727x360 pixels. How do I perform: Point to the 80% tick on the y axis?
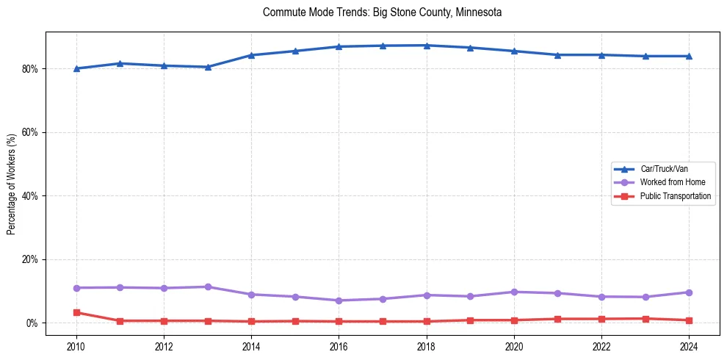coord(33,69)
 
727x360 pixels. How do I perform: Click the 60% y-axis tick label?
coord(33,132)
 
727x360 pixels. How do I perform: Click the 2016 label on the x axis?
coord(339,345)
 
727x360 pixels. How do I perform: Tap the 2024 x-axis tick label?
coord(689,345)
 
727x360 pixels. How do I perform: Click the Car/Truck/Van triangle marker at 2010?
coord(76,68)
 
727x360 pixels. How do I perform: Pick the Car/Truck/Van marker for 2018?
coord(427,46)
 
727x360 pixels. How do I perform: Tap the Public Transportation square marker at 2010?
coord(76,312)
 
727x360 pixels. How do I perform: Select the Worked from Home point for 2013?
coord(208,287)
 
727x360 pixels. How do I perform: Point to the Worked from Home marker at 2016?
coord(339,300)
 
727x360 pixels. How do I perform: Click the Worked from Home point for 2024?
coord(689,292)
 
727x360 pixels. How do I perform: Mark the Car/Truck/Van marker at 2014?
coord(251,55)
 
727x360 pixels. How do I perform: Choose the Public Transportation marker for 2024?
coord(689,320)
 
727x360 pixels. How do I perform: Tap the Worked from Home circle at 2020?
coord(514,292)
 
